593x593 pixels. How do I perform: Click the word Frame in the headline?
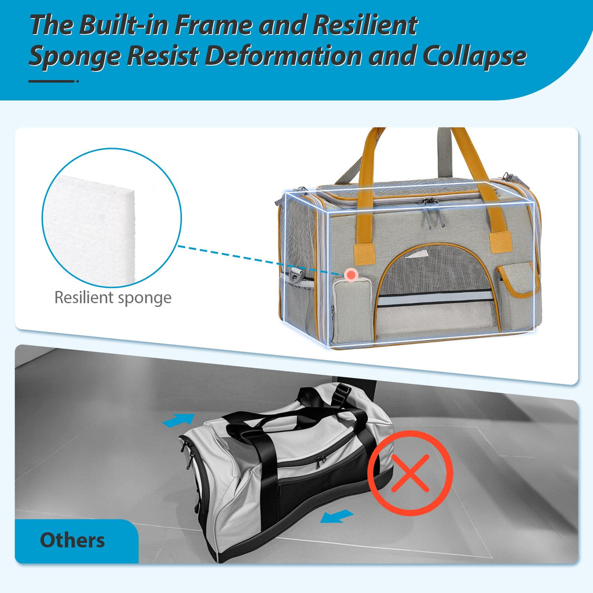(213, 25)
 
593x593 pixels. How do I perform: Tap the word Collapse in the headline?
(474, 56)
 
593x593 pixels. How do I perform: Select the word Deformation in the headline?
(283, 56)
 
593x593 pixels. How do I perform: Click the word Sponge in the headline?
(75, 57)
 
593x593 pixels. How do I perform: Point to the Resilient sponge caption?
(113, 297)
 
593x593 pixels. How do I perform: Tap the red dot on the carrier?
(352, 274)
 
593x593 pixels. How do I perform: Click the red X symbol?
(411, 473)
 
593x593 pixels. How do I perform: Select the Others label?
(72, 540)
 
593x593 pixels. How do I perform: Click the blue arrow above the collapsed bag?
(178, 420)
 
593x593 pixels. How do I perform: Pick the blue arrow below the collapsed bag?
(336, 516)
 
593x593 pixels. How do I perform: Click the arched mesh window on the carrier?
(435, 272)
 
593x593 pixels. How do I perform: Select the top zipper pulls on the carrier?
(431, 214)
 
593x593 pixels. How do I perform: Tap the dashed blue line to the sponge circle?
(261, 260)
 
